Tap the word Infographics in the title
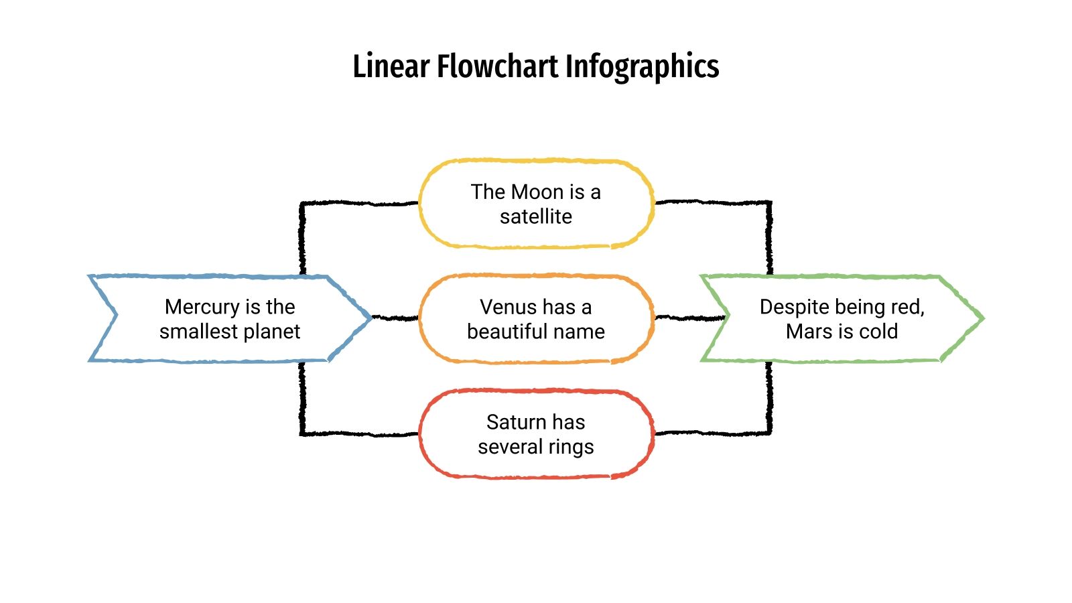coord(642,66)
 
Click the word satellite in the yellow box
coord(536,217)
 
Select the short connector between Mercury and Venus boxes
coord(395,318)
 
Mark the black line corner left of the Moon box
coord(303,204)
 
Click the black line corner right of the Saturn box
coord(768,432)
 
